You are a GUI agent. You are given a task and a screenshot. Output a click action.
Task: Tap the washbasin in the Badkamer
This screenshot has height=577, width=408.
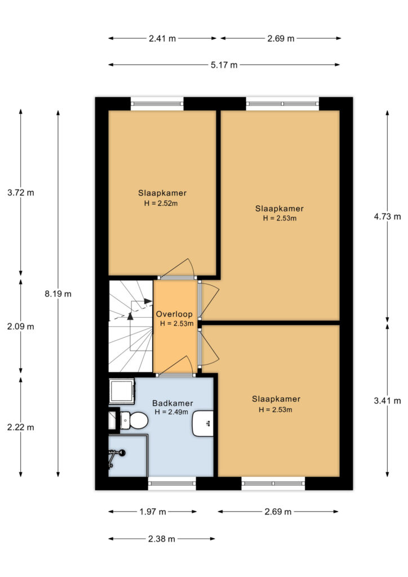click(203, 423)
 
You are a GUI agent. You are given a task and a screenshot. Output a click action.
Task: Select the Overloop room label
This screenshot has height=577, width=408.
click(174, 314)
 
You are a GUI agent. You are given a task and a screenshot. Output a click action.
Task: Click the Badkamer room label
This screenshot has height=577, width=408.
click(172, 403)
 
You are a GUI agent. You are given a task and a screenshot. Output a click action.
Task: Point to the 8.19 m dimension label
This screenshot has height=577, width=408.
click(58, 294)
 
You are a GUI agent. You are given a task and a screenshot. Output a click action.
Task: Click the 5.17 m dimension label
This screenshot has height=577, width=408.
click(224, 65)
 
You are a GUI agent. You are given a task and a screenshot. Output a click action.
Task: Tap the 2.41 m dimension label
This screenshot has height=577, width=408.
click(162, 38)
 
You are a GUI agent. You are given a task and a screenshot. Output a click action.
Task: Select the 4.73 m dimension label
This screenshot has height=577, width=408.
click(387, 216)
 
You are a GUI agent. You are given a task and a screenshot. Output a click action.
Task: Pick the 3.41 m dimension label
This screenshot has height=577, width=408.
click(387, 401)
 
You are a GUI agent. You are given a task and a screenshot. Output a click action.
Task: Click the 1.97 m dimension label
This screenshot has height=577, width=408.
click(153, 512)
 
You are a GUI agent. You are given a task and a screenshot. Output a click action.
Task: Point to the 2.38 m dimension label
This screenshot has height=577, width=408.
click(162, 539)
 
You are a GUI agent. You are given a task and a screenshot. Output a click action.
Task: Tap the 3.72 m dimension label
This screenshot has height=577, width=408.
click(21, 192)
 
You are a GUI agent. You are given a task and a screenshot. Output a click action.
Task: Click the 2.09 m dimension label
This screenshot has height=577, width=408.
click(21, 326)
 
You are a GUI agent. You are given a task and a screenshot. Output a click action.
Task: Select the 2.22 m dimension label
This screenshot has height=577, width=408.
click(21, 427)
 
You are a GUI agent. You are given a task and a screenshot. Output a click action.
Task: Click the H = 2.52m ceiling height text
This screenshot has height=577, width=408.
click(161, 203)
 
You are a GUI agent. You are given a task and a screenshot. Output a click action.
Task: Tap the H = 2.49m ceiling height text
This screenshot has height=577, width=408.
click(171, 412)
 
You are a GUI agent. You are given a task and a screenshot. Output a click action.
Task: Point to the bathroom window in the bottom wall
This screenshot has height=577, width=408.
click(172, 483)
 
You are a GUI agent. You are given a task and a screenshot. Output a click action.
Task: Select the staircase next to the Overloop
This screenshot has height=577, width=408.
click(131, 326)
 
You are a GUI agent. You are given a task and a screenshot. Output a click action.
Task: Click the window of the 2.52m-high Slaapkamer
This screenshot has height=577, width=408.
click(157, 104)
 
